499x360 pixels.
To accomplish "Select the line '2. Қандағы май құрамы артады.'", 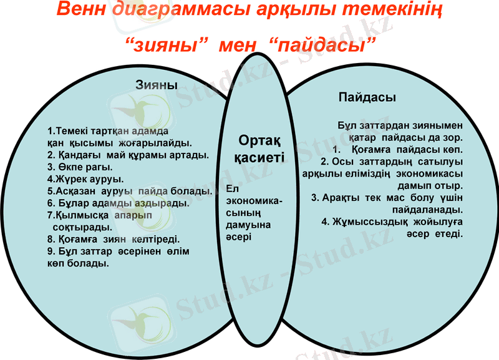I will click(128, 155).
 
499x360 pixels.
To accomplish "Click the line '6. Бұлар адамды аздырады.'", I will click(118, 203).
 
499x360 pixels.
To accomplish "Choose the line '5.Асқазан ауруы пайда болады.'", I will click(130, 191).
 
